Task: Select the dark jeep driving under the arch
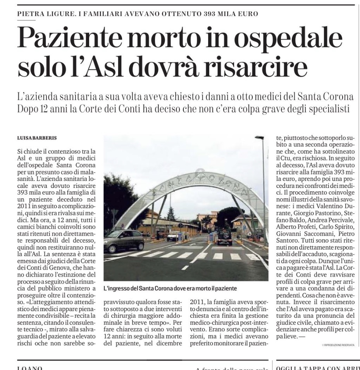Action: point(224,237)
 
